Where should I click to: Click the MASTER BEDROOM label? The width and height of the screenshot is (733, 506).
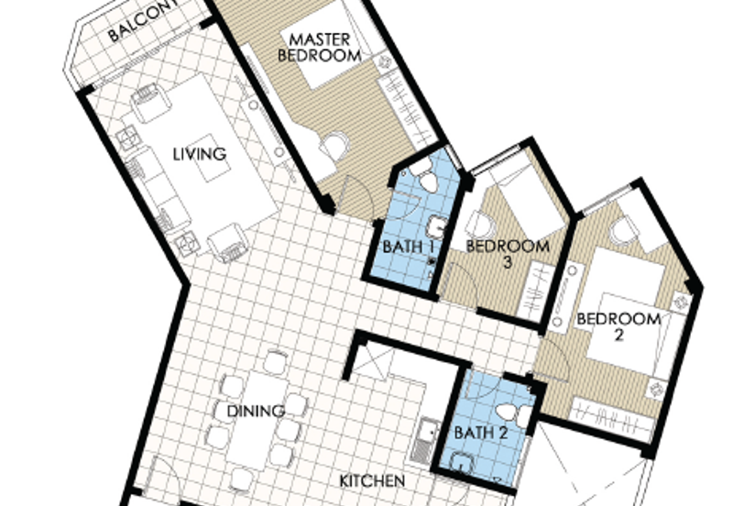(320, 48)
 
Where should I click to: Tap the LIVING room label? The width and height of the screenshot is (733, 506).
(200, 154)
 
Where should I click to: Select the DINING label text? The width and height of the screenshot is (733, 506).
(256, 411)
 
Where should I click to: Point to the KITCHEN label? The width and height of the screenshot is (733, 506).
(372, 480)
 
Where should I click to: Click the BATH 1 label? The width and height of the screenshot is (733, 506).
(409, 247)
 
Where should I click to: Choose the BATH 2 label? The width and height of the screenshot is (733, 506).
(481, 433)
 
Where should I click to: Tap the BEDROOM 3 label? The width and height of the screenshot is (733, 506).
(509, 254)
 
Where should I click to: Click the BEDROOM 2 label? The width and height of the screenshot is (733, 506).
(619, 327)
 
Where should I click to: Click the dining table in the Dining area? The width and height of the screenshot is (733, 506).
(257, 421)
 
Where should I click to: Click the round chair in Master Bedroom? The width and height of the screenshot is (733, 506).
(334, 146)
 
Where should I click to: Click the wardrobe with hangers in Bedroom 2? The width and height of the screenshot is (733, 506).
(611, 416)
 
